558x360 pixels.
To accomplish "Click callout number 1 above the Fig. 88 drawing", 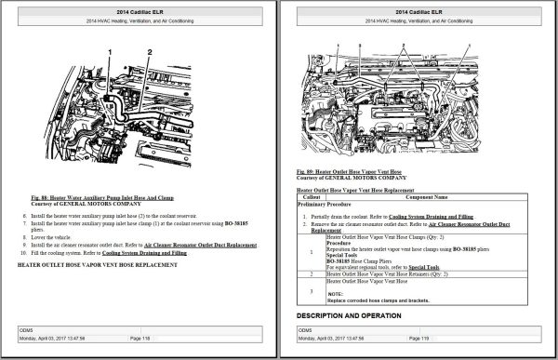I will pyautogui.click(x=110, y=51).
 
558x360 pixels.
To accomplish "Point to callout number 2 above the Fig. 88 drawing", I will pyautogui.click(x=149, y=51).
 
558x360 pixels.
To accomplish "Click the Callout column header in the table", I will pyautogui.click(x=311, y=197).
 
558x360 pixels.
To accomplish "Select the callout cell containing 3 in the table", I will pyautogui.click(x=310, y=290).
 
